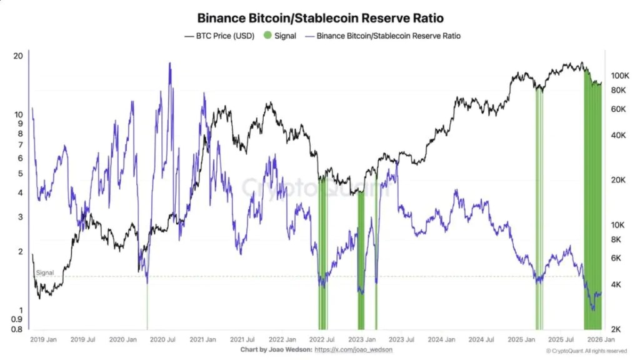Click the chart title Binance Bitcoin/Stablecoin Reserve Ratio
(x=321, y=18)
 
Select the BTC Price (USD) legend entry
(x=219, y=36)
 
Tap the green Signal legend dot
(x=267, y=36)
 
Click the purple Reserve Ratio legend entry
(x=383, y=36)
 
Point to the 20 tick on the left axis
(x=18, y=56)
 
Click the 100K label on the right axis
(x=620, y=76)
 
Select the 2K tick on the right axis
(x=616, y=329)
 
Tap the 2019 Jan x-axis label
(x=43, y=339)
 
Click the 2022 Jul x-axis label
(x=322, y=339)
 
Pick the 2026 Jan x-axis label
(x=601, y=339)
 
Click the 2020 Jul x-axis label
(x=162, y=339)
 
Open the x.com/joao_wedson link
(x=354, y=350)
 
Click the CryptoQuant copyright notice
(x=586, y=351)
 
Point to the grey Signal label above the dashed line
(x=45, y=272)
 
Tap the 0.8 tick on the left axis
(x=17, y=329)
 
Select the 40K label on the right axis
(x=618, y=135)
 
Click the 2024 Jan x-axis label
(x=442, y=339)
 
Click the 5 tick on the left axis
(x=21, y=174)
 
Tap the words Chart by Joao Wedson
(x=276, y=350)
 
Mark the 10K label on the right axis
(x=618, y=225)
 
